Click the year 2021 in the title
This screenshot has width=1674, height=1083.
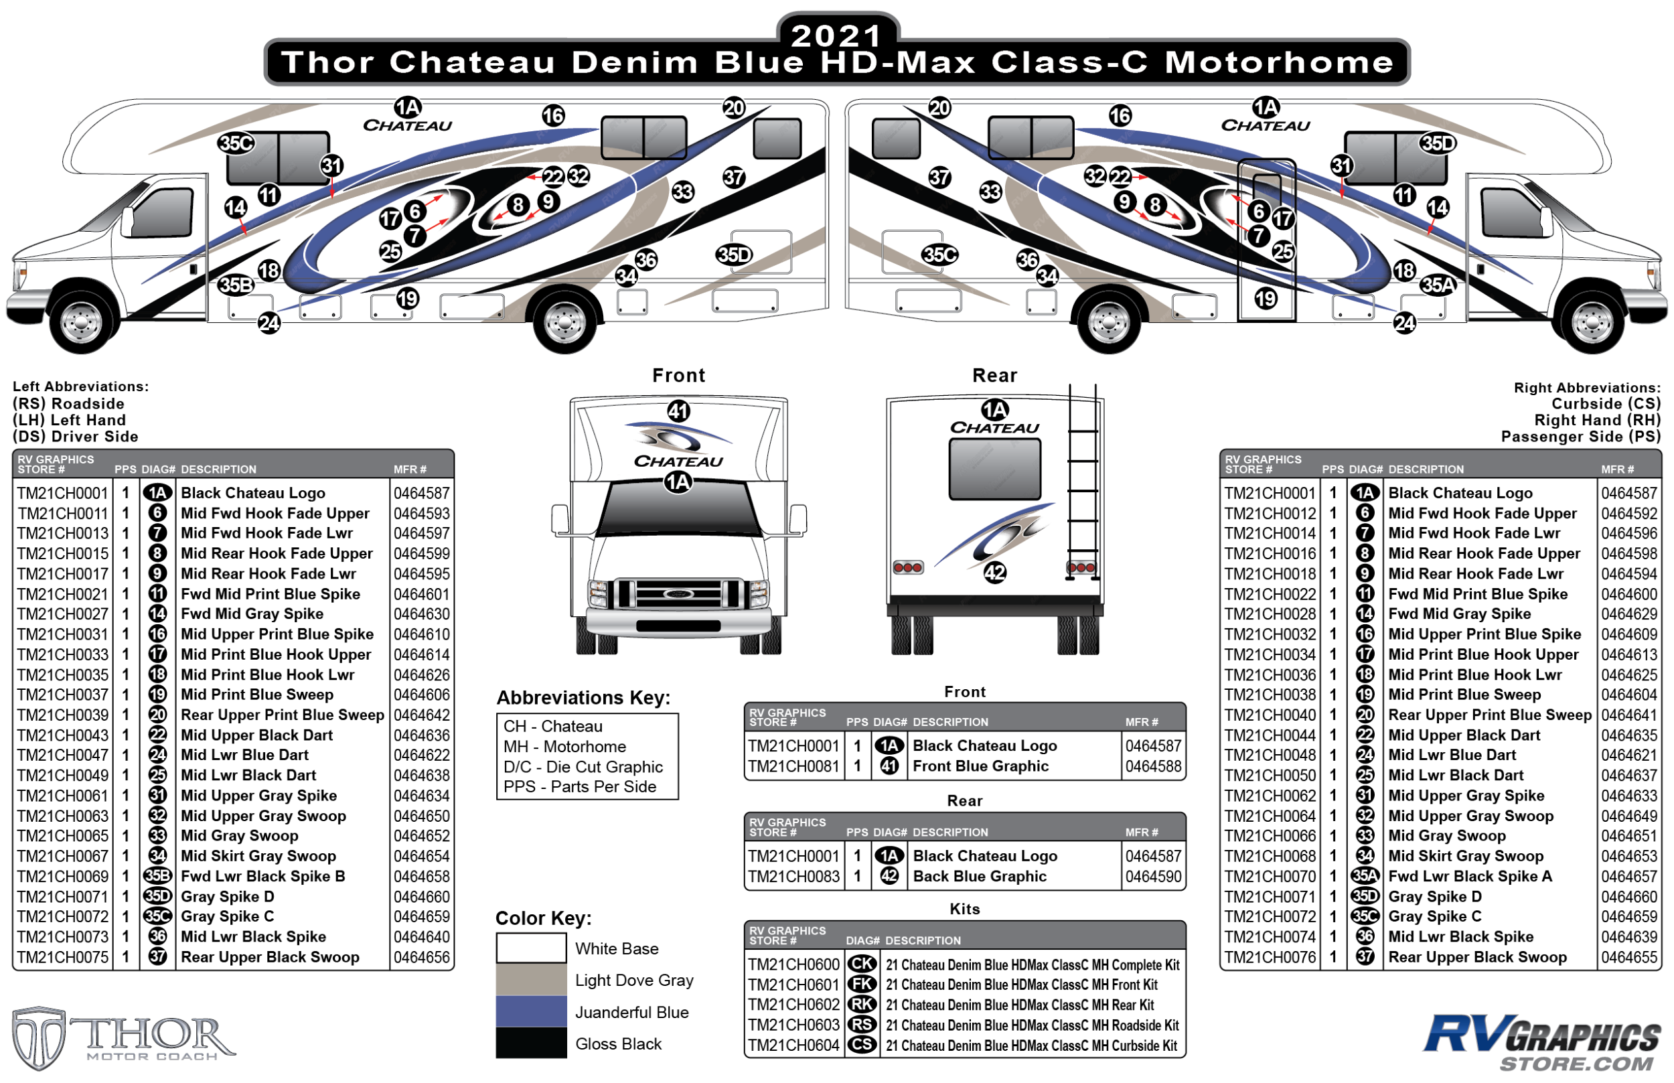click(836, 35)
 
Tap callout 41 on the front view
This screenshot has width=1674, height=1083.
click(678, 411)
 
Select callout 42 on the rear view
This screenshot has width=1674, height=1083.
click(994, 573)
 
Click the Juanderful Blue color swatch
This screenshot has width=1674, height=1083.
click(531, 1011)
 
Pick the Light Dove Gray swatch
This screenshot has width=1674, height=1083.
click(531, 979)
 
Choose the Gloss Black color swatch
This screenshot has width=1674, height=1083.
click(531, 1043)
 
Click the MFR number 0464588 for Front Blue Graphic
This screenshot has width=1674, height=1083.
click(1152, 766)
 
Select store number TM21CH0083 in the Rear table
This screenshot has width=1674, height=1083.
click(793, 876)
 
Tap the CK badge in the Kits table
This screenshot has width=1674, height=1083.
click(862, 964)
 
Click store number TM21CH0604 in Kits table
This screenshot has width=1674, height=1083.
click(793, 1045)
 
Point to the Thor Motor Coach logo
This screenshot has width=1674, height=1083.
click(123, 1038)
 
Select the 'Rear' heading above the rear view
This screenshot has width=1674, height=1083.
click(994, 376)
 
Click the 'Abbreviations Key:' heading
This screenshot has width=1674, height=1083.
click(583, 698)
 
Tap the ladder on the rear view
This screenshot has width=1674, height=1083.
click(1082, 485)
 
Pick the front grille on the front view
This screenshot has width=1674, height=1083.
click(678, 595)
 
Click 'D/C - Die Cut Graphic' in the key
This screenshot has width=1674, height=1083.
click(583, 766)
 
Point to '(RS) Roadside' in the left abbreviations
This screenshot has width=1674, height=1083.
click(68, 404)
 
